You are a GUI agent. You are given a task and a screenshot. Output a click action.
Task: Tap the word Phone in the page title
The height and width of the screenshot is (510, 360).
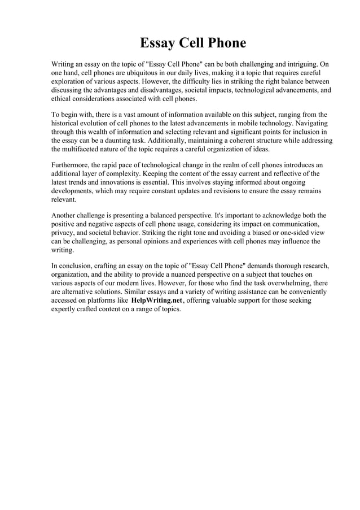coord(225,43)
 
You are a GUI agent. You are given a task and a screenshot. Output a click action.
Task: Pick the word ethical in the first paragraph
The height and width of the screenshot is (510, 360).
coord(63,98)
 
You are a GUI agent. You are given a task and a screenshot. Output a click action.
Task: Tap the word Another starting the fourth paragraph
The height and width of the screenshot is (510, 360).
coord(65,216)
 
